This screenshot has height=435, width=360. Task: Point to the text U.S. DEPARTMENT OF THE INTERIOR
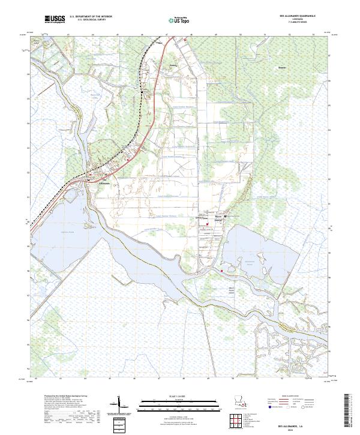[91, 17]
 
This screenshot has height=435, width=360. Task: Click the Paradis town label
[174, 64]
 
